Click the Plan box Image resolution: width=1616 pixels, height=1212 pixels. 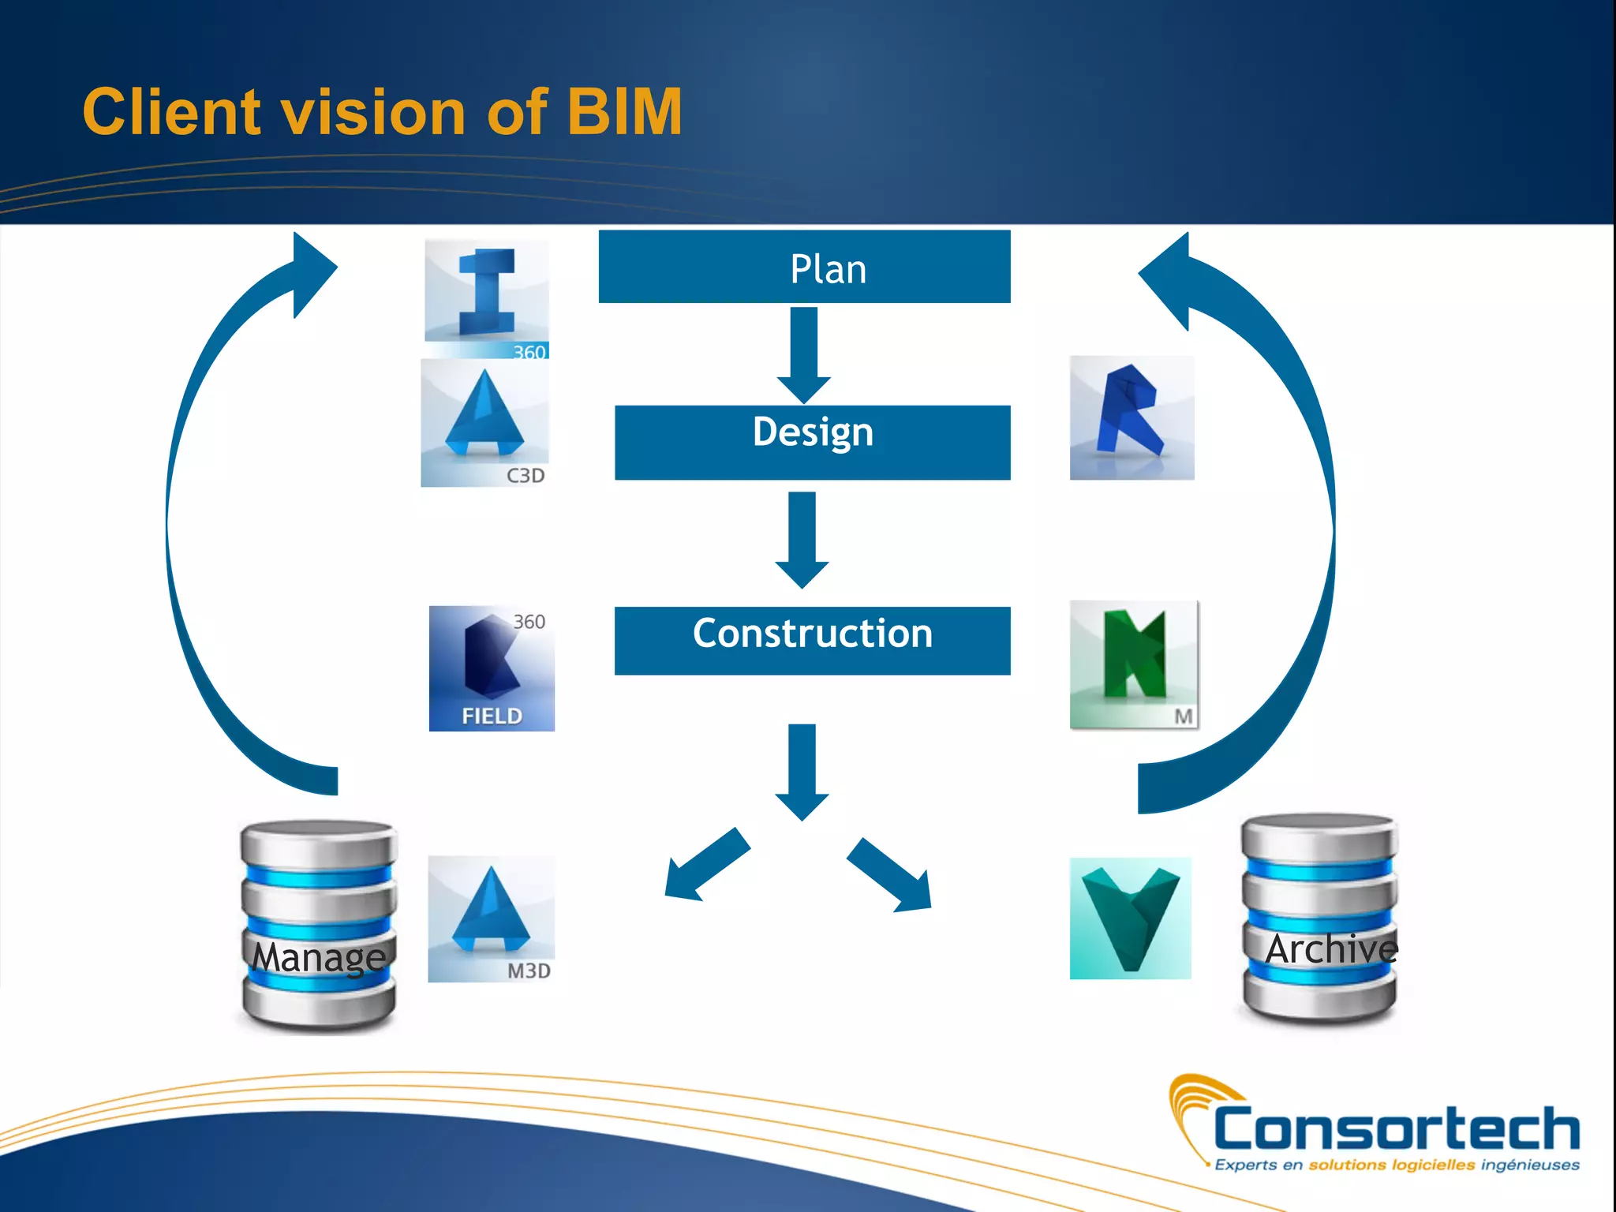(804, 267)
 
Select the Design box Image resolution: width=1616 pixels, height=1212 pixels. (812, 442)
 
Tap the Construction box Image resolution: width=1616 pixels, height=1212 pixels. (812, 640)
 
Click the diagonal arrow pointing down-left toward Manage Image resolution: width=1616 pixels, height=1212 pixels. (704, 866)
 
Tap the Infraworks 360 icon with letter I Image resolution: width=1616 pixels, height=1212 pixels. (486, 298)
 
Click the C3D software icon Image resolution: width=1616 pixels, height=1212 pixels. (484, 423)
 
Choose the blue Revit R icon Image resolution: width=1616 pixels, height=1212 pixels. (1132, 417)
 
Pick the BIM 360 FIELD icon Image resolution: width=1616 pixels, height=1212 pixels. (492, 668)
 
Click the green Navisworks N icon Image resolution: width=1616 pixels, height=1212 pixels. (1134, 664)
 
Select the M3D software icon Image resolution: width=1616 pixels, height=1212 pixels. (491, 918)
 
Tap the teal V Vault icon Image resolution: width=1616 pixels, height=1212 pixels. (1130, 918)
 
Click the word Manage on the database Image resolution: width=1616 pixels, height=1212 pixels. (319, 957)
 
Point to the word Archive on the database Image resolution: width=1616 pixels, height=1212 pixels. (1330, 948)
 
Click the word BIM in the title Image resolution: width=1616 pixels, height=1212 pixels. (624, 112)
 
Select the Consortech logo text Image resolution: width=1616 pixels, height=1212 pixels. (1396, 1129)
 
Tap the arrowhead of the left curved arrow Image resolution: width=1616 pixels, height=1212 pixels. (312, 272)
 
